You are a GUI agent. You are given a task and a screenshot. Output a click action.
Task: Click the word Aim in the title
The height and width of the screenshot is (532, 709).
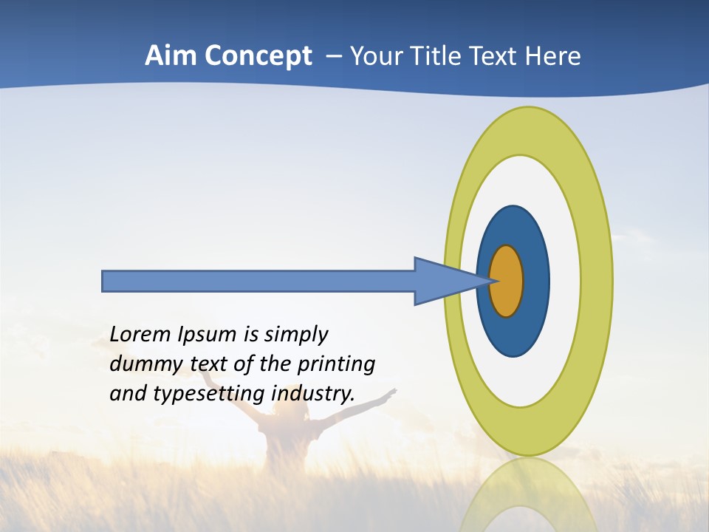click(171, 56)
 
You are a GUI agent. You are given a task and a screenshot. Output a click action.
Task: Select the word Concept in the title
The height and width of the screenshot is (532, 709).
click(257, 56)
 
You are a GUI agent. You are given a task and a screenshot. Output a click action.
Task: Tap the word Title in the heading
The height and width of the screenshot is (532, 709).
click(445, 56)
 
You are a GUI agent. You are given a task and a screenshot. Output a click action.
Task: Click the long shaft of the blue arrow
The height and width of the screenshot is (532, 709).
click(258, 281)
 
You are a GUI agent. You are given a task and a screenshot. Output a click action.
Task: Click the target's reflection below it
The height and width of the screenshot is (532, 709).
click(529, 495)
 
